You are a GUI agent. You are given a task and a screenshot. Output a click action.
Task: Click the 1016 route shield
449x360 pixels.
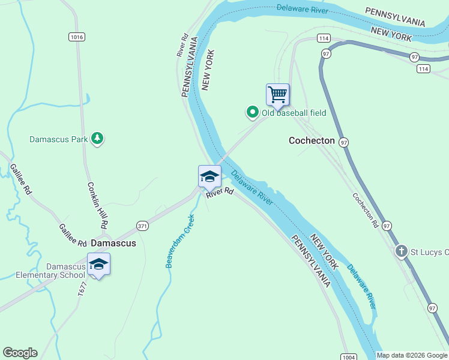(76, 37)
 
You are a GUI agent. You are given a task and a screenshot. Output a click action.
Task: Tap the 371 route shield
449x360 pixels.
(142, 226)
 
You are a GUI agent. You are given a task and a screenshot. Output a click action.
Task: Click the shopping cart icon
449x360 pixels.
(277, 94)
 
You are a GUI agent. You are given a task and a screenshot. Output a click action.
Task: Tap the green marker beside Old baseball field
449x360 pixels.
(253, 112)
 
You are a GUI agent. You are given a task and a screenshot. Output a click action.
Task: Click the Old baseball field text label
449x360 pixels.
(294, 112)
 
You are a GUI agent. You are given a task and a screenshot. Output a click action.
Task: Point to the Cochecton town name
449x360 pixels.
(312, 140)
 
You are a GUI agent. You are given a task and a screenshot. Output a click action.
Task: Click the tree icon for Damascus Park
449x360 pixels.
(97, 139)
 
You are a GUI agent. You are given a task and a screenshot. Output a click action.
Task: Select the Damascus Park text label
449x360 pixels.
(59, 139)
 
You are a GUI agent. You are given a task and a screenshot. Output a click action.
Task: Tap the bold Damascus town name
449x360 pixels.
(113, 244)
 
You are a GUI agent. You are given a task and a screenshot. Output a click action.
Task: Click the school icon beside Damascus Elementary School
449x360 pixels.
(98, 264)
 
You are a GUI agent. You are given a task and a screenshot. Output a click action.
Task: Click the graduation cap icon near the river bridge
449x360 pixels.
(209, 176)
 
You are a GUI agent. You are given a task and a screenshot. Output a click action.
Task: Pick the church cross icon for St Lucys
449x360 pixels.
(402, 251)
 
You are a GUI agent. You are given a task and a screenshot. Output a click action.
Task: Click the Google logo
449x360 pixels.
(20, 353)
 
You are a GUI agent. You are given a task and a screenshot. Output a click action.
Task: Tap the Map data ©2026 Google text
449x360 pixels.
(412, 355)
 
